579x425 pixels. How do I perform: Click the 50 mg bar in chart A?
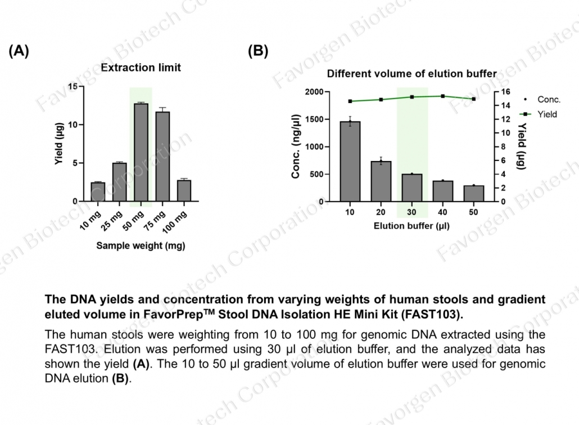141,153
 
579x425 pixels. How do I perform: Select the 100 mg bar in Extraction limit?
184,191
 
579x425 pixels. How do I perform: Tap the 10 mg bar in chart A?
97,192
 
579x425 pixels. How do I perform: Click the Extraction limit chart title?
141,68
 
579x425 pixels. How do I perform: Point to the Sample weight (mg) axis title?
141,245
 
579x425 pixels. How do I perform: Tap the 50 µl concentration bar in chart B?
474,194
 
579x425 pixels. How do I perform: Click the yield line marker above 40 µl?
443,96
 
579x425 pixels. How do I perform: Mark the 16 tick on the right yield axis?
505,92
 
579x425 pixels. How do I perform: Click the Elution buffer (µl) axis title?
411,226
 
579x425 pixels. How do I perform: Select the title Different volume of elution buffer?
411,74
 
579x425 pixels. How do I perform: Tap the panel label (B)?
258,51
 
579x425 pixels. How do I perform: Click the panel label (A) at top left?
19,51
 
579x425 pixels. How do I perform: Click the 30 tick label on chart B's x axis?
412,212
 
